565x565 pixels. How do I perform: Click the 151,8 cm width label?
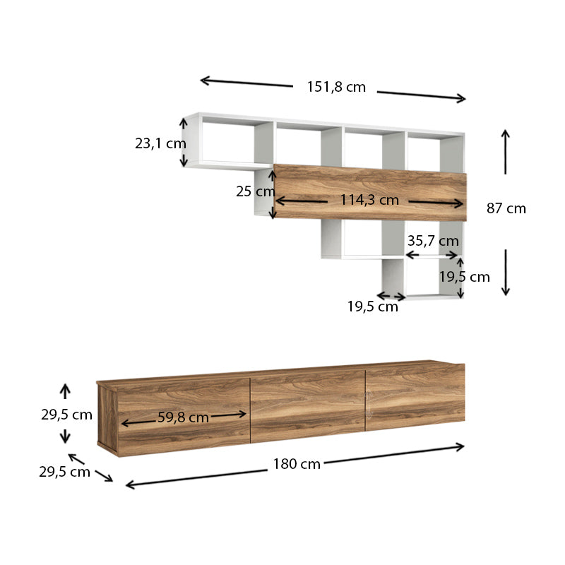pyautogui.click(x=336, y=87)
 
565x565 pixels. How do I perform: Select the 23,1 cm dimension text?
pyautogui.click(x=160, y=143)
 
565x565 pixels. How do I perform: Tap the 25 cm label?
pyautogui.click(x=255, y=191)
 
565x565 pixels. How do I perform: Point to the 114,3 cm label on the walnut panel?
pyautogui.click(x=369, y=200)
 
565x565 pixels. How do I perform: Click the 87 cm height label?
pyautogui.click(x=506, y=208)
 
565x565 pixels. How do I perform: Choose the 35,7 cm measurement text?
pyautogui.click(x=433, y=241)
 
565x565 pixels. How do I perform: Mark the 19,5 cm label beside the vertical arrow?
pyautogui.click(x=465, y=277)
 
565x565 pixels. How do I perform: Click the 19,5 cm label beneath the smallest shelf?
pyautogui.click(x=372, y=307)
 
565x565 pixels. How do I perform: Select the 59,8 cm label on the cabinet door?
pyautogui.click(x=183, y=417)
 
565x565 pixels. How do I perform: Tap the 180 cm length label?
pyautogui.click(x=297, y=464)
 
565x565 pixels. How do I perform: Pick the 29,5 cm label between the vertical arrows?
pyautogui.click(x=66, y=415)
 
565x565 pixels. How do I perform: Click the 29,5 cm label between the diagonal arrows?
pyautogui.click(x=64, y=472)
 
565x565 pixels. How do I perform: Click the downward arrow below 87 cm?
pyautogui.click(x=506, y=272)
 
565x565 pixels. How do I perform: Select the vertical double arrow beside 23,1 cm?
pyautogui.click(x=184, y=143)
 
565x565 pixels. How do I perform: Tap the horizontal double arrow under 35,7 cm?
pyautogui.click(x=432, y=254)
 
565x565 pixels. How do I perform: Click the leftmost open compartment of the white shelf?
pyautogui.click(x=227, y=141)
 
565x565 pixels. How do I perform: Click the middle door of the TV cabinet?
pyautogui.click(x=307, y=406)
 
